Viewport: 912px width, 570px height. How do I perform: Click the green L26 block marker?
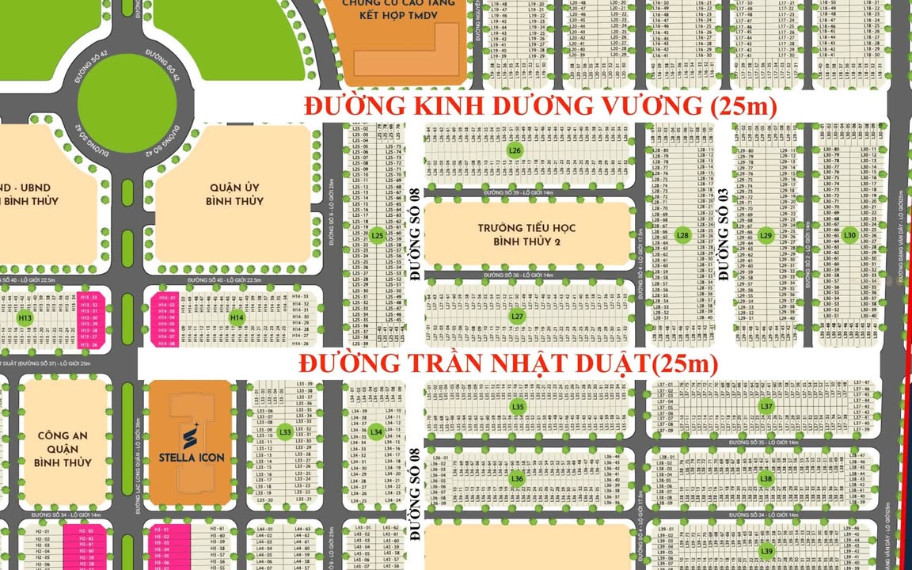515,150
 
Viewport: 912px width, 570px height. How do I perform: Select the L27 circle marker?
517,316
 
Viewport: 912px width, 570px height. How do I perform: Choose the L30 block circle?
849,235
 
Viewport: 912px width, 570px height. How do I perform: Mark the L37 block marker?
766,406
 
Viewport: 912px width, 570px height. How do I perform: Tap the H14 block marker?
237,317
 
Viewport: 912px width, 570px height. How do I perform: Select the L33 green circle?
285,431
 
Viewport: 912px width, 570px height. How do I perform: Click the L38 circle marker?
766,478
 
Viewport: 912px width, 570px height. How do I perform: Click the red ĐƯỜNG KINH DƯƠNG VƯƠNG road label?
541,105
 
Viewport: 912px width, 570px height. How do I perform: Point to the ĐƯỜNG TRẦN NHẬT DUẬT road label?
508,363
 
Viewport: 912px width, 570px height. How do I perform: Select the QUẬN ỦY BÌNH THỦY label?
234,194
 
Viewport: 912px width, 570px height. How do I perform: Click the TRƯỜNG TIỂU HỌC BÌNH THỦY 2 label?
526,234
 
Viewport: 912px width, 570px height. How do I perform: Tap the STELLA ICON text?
192,457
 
